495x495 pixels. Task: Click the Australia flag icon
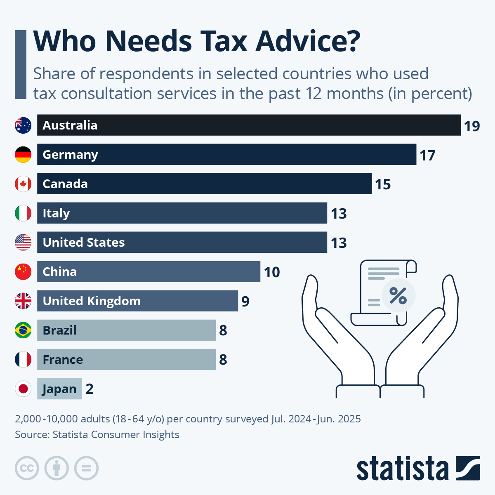23,125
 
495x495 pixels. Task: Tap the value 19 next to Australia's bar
471,126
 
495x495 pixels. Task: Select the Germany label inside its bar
70,155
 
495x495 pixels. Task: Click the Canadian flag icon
23,184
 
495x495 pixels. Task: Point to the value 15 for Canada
382,184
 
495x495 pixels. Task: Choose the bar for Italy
181,213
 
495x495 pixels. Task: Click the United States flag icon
23,243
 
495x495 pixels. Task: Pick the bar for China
148,272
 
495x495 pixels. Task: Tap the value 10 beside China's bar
272,272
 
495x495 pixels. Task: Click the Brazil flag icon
23,330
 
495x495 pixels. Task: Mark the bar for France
126,360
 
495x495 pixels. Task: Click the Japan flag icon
23,389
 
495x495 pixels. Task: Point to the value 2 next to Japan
90,389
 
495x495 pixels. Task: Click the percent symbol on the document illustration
398,296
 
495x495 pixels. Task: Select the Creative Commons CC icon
27,469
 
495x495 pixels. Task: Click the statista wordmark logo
402,469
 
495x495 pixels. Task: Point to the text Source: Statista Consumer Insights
97,435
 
